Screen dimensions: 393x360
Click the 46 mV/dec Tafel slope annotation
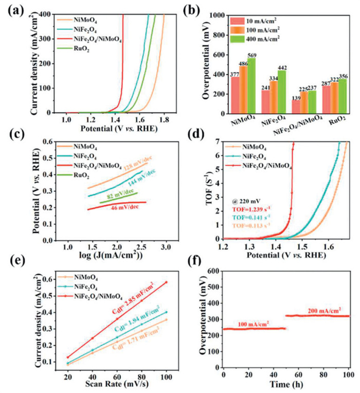point(125,207)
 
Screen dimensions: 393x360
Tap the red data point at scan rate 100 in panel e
point(166,282)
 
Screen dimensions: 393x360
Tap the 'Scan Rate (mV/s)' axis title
point(110,382)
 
